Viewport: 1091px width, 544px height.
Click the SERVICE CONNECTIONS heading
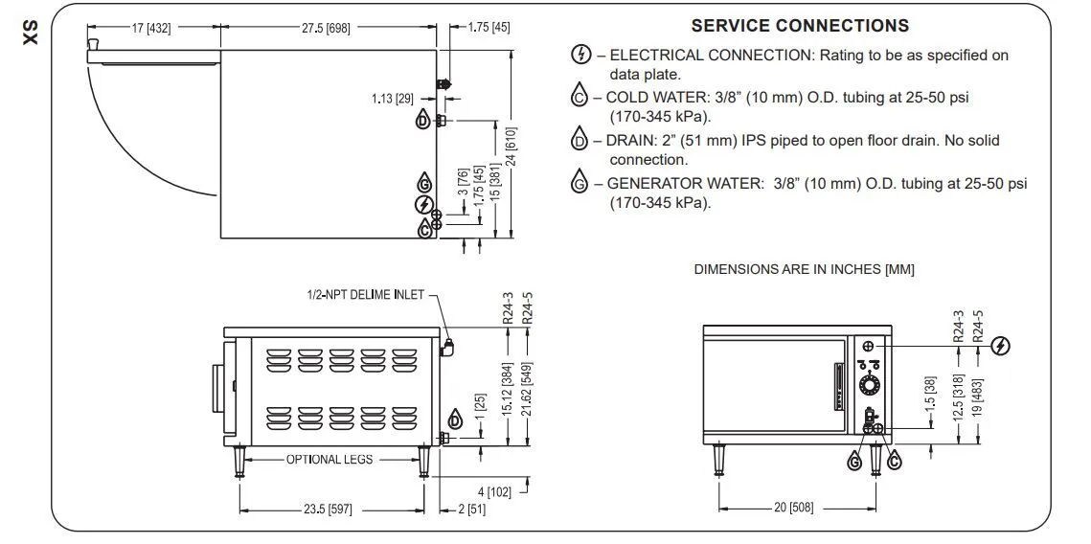click(x=800, y=26)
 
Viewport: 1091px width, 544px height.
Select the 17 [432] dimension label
click(x=151, y=28)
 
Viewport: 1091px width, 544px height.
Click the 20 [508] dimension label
click(x=793, y=508)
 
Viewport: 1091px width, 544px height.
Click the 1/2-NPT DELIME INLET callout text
click(x=365, y=294)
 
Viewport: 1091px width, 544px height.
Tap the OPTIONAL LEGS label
click(x=330, y=459)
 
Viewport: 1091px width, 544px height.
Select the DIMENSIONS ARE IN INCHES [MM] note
click(x=804, y=269)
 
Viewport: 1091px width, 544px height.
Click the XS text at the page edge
click(x=31, y=34)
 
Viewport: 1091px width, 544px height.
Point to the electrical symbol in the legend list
click(x=581, y=55)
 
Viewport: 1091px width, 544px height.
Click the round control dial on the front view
click(x=869, y=385)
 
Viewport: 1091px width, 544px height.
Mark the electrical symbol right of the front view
click(x=1001, y=345)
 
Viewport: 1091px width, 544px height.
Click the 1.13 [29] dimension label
click(x=393, y=99)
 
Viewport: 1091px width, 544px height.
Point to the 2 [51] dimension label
click(x=472, y=510)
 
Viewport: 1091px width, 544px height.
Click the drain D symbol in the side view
click(x=455, y=419)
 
